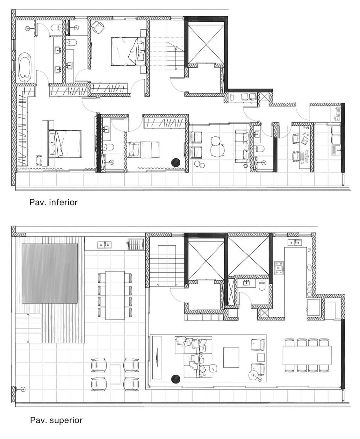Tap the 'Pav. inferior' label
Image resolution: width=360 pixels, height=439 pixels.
tap(53, 202)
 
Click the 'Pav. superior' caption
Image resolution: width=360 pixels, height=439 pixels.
tap(56, 420)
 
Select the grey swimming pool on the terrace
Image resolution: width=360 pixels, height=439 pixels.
tap(50, 273)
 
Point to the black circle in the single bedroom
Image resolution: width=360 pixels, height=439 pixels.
tap(175, 162)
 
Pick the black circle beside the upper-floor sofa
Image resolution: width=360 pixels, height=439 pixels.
tap(175, 379)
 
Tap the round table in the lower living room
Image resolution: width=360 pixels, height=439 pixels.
tap(217, 146)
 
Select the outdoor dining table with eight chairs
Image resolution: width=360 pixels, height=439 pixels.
tap(115, 295)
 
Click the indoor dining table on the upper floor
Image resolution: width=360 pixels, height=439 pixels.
tap(307, 355)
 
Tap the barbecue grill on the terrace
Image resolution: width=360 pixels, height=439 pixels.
tap(135, 243)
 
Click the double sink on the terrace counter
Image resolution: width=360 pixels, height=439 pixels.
tap(104, 244)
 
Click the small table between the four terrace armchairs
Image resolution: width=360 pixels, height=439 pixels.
tap(115, 374)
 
